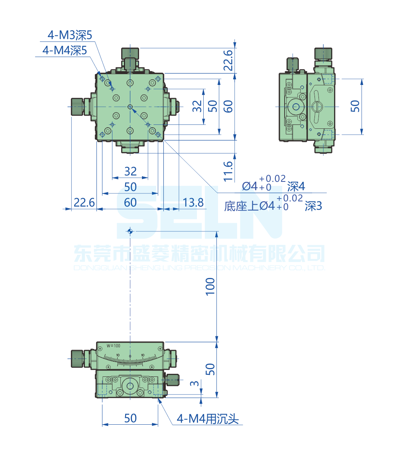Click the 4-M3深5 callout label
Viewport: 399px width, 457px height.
70,36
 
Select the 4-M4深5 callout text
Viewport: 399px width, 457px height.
65,51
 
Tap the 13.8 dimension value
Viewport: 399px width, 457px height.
193,203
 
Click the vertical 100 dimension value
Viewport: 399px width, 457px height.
210,286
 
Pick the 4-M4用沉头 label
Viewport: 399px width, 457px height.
207,419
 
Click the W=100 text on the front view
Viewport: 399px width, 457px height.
114,346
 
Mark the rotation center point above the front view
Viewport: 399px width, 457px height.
130,231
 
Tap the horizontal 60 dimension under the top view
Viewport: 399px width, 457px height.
130,203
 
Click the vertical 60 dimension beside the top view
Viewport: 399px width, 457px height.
228,106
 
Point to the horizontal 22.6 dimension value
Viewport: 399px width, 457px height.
84,203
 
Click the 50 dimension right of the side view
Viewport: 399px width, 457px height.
355,106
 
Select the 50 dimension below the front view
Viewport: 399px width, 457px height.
130,418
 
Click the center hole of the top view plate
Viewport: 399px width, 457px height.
130,107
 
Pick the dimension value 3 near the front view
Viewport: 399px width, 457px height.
194,384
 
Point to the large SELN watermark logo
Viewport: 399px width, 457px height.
199,213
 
